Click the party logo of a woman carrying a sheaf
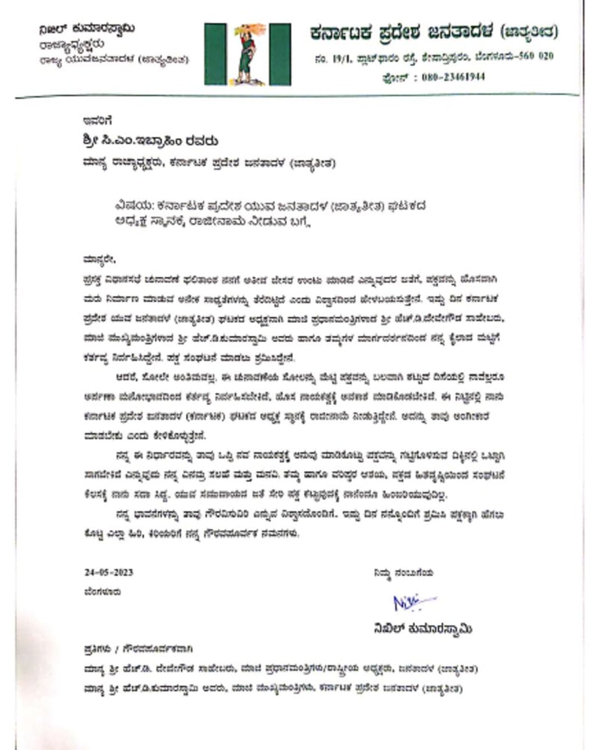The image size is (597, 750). [248, 55]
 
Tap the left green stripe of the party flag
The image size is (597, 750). [215, 55]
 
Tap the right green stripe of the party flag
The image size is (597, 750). [280, 55]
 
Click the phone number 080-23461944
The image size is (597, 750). [453, 77]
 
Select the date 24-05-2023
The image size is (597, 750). [109, 572]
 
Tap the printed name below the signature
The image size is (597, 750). [423, 629]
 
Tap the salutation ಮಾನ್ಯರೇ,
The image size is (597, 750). [99, 259]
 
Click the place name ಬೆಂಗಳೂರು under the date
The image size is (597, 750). [103, 592]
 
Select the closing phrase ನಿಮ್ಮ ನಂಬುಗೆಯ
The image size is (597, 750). [403, 573]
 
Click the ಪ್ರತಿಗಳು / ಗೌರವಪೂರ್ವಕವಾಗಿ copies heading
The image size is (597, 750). [138, 649]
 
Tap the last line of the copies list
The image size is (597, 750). [273, 688]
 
